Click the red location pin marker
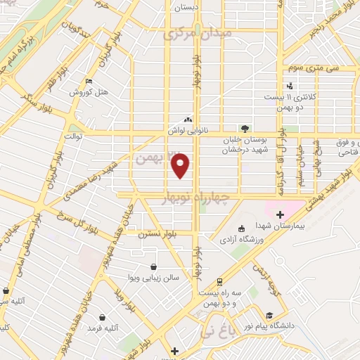[181, 166]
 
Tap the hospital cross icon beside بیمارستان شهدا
[280, 214]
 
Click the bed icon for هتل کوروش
[87, 82]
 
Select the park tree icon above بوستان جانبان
[244, 129]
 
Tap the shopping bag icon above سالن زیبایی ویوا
[153, 266]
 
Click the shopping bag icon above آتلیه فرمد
[103, 317]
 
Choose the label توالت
[73, 135]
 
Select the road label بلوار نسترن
[155, 233]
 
